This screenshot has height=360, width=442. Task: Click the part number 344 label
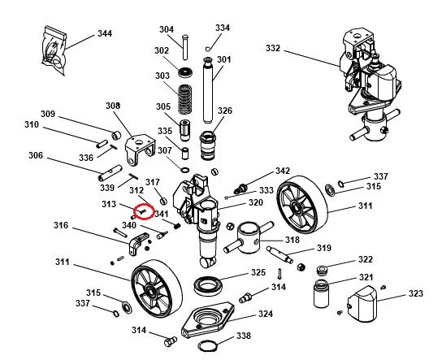(x=105, y=33)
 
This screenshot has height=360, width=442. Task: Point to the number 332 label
(x=272, y=49)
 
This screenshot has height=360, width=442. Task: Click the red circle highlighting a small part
(x=143, y=210)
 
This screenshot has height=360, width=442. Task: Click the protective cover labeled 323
(x=363, y=307)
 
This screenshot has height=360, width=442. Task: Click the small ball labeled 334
(x=209, y=48)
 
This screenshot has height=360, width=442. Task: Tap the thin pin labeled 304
(x=186, y=46)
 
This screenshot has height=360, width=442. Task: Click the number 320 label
(x=255, y=202)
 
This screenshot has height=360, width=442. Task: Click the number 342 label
(x=282, y=171)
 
